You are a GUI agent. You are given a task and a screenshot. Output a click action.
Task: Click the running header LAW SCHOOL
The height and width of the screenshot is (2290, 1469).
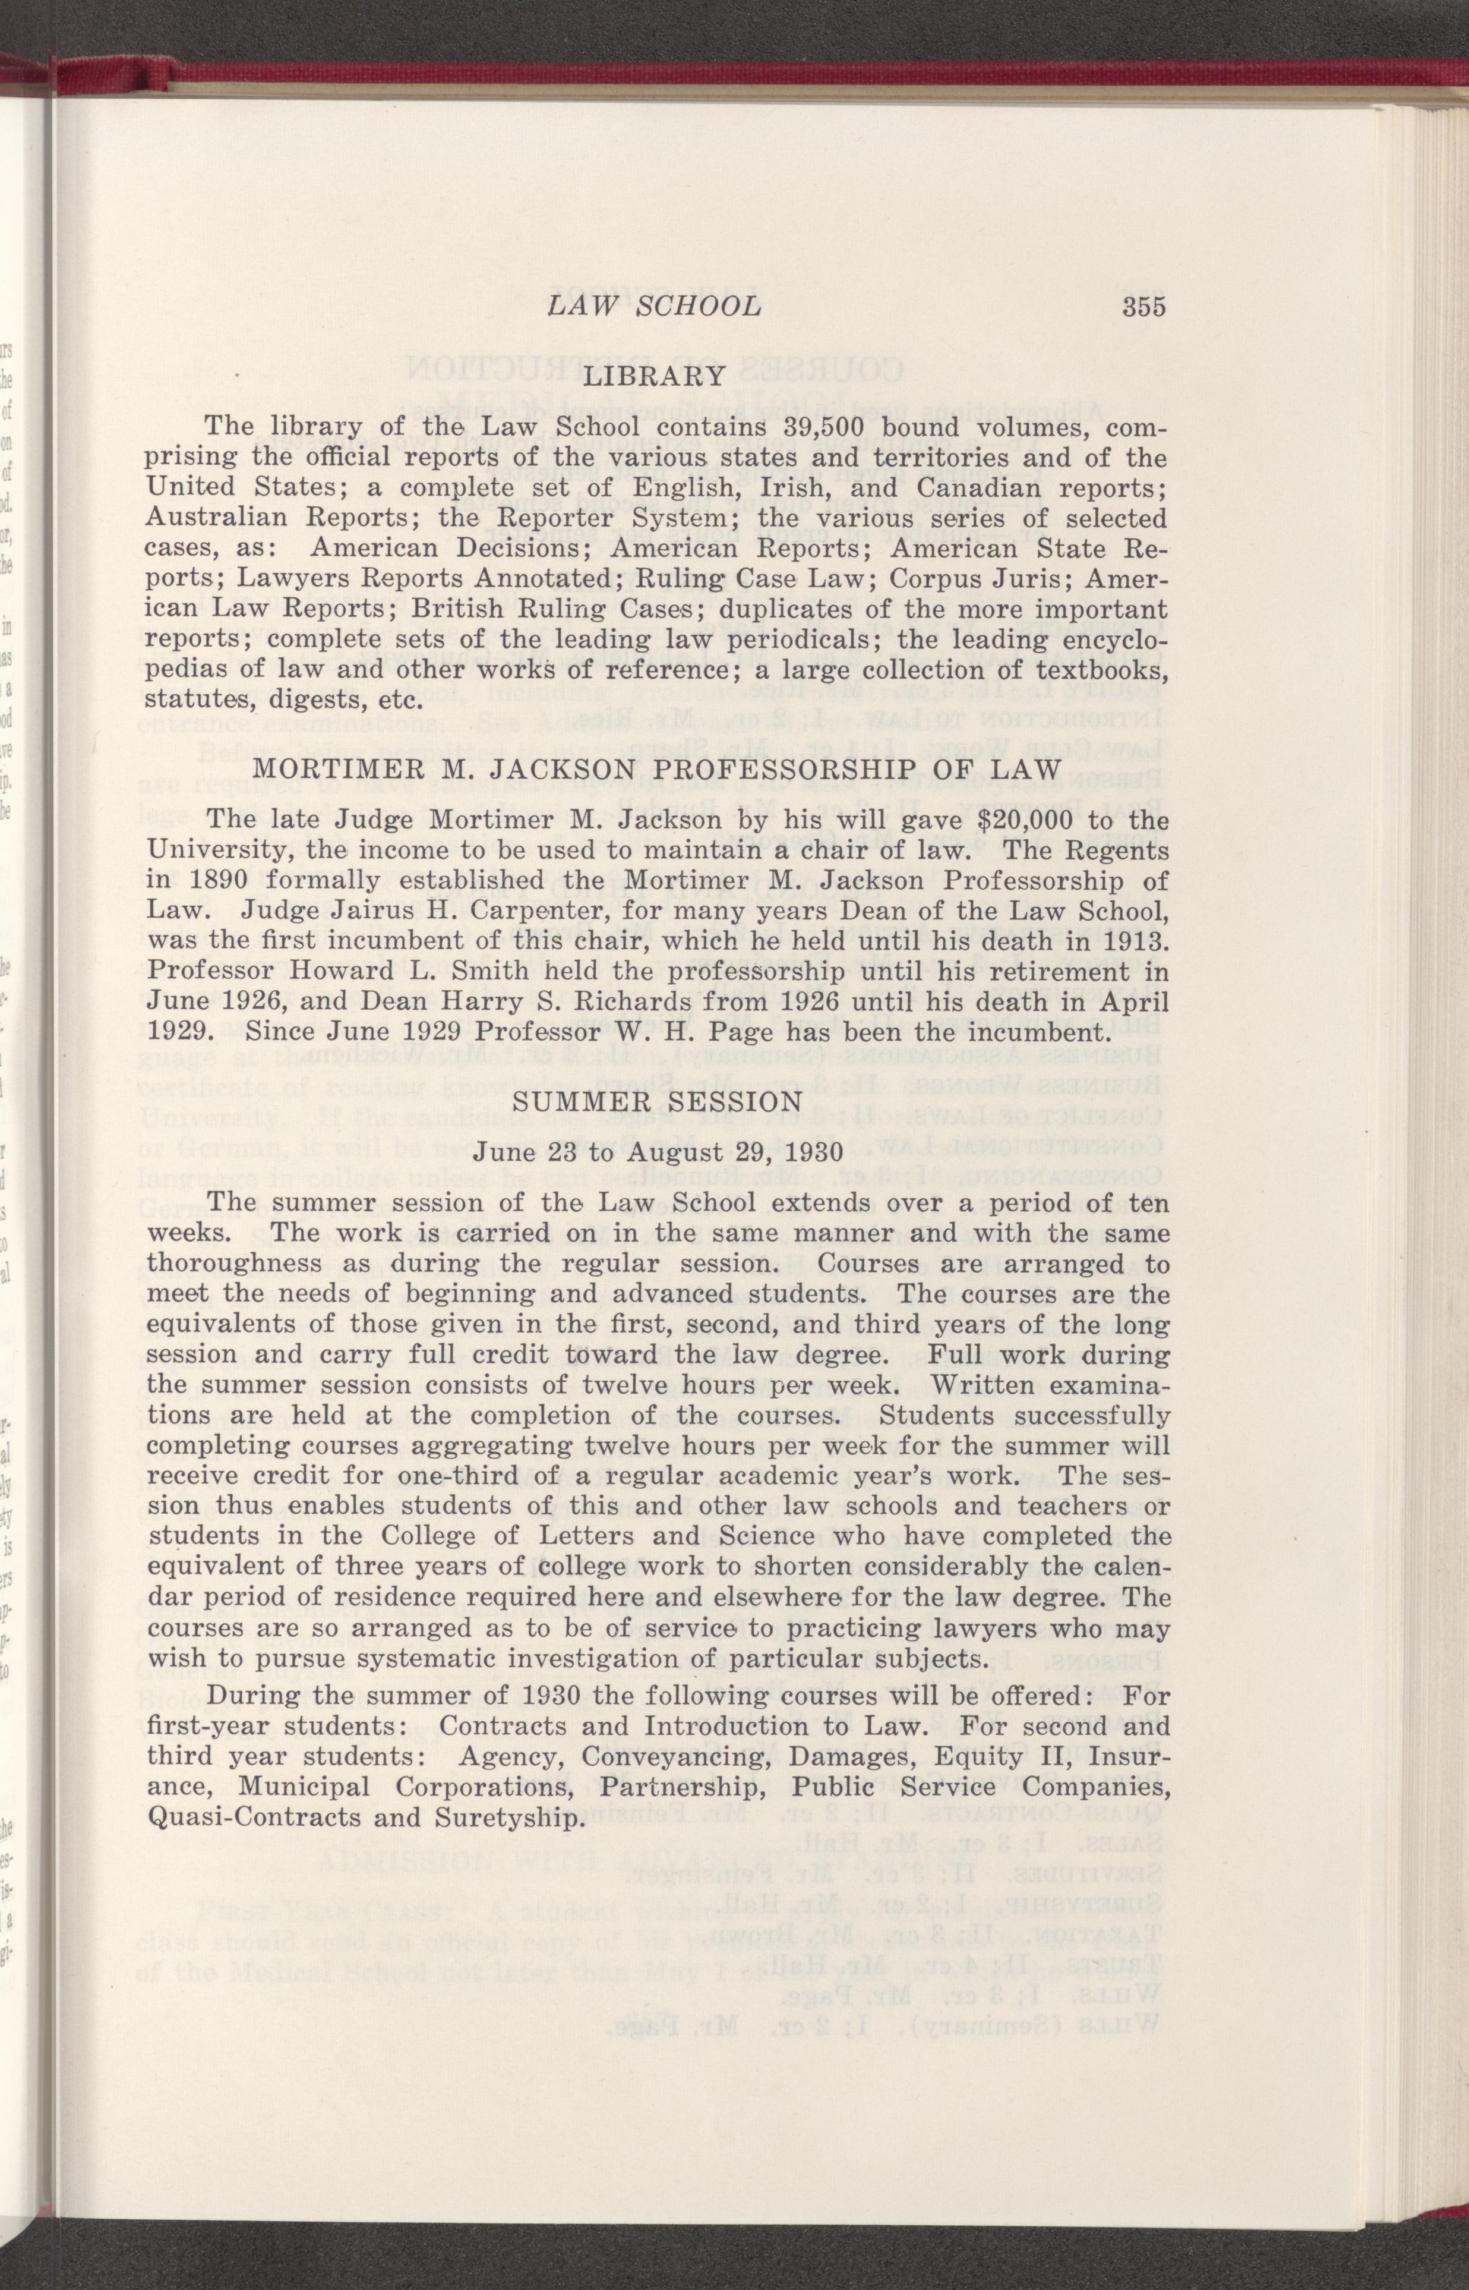click(x=653, y=306)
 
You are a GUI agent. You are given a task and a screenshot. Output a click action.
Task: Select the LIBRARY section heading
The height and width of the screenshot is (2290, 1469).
click(x=655, y=376)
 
